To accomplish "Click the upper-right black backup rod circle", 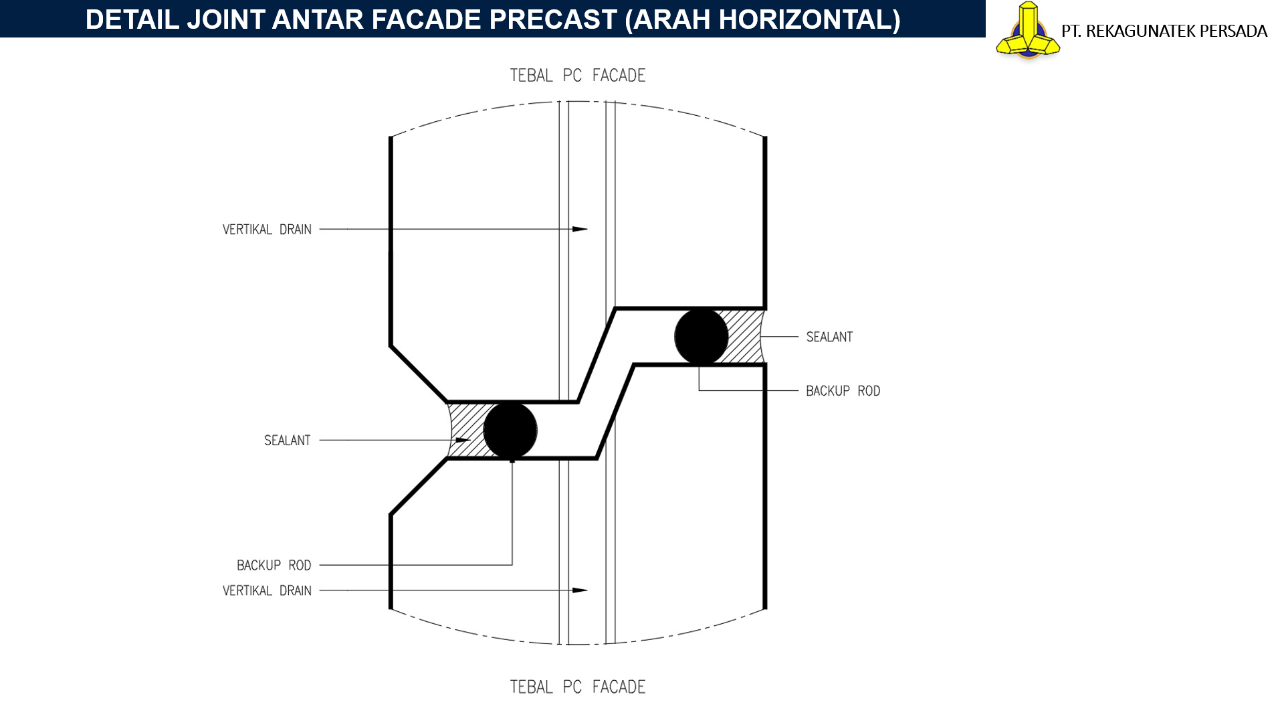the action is [702, 337].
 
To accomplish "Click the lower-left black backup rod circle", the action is [510, 430].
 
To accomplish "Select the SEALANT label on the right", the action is [829, 337].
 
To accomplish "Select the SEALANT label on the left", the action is [288, 440].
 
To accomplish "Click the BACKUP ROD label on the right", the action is [843, 391].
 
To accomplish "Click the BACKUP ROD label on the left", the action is [274, 566].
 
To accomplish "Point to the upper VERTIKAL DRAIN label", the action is [267, 230].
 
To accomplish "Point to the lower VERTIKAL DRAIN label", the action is [267, 590].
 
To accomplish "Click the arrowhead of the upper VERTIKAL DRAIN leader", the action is [580, 229].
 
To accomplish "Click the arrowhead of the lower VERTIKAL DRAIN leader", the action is [580, 590].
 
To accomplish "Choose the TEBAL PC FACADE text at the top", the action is [578, 76].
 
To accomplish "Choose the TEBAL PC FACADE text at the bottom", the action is [578, 687].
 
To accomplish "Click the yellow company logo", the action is [1028, 30].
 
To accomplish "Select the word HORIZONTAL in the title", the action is [809, 20].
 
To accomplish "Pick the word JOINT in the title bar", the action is [226, 20].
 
